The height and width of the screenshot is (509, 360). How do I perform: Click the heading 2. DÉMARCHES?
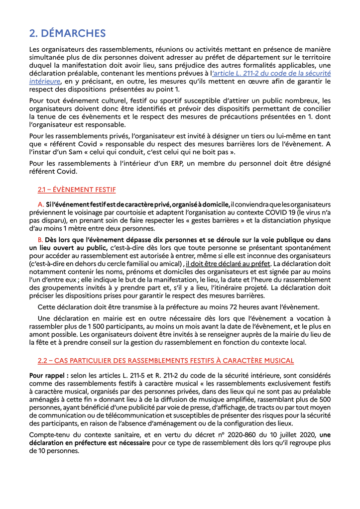coord(67,33)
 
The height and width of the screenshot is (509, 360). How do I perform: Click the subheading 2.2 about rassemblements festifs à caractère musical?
coord(165,360)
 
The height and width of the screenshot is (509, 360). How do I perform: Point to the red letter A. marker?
coord(41,205)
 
